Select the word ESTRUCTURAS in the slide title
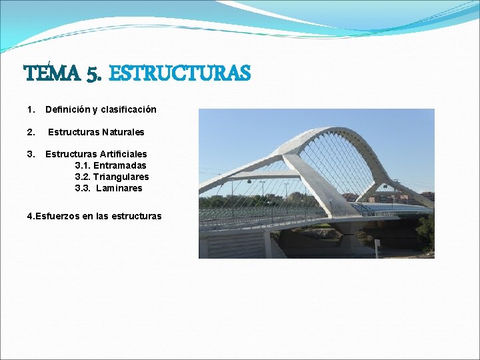click(x=179, y=73)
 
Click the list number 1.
click(x=30, y=109)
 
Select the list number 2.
click(x=30, y=132)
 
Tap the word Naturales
click(x=123, y=132)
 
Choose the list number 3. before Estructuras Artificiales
click(x=30, y=154)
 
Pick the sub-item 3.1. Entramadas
click(x=111, y=165)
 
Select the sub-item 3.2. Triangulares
click(x=112, y=177)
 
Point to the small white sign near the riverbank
click(x=377, y=244)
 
